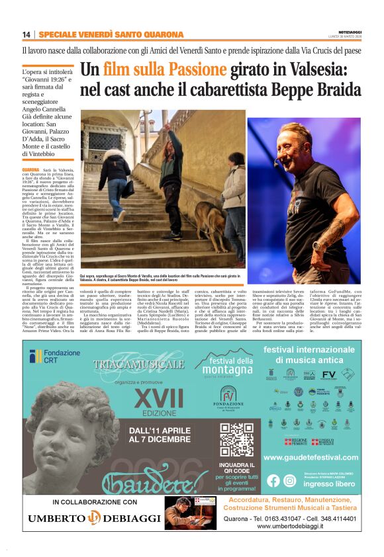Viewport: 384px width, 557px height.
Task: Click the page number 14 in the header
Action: pyautogui.click(x=26, y=34)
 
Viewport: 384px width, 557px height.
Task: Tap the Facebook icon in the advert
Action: pyautogui.click(x=273, y=481)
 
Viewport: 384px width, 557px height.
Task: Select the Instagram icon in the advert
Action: pyautogui.click(x=289, y=481)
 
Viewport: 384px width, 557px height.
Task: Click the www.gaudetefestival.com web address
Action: pyautogui.click(x=311, y=457)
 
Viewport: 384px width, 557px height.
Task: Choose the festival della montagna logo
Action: pyautogui.click(x=228, y=363)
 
